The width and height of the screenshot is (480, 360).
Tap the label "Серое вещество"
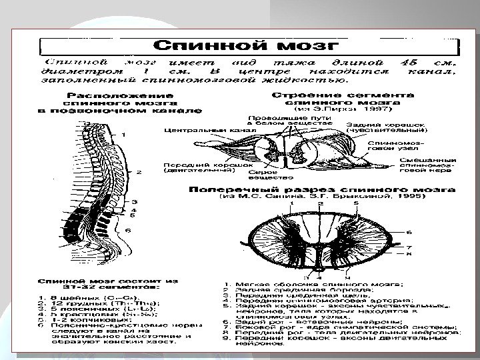coord(263,174)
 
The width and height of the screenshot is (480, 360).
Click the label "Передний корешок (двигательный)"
coord(197,167)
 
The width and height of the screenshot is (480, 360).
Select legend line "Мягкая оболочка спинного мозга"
coord(299,283)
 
